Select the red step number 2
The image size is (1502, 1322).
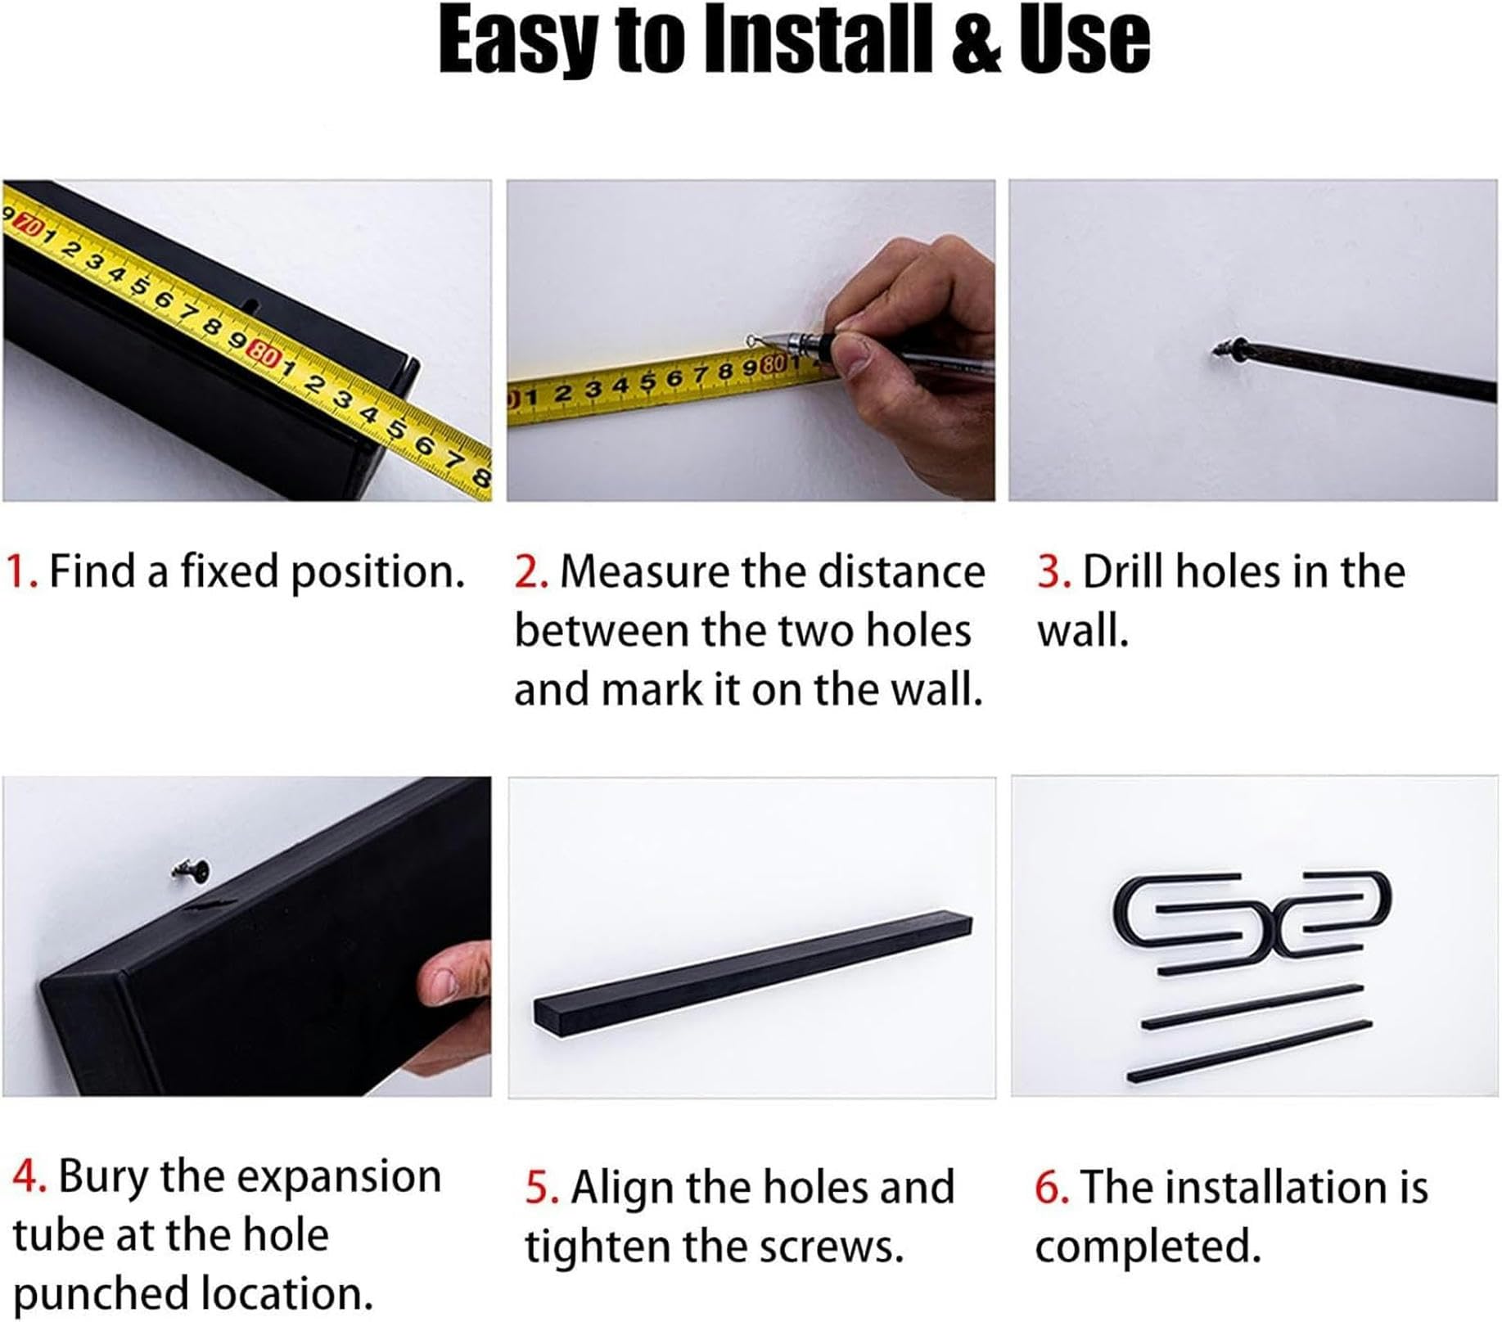pyautogui.click(x=531, y=571)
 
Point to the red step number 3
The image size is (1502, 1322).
pyautogui.click(x=1054, y=571)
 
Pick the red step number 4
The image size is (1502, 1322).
pyautogui.click(x=30, y=1176)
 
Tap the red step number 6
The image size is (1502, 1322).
pyautogui.click(x=1053, y=1187)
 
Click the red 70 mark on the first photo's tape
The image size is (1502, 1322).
pyautogui.click(x=29, y=224)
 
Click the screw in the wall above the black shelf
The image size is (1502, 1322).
pyautogui.click(x=193, y=871)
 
